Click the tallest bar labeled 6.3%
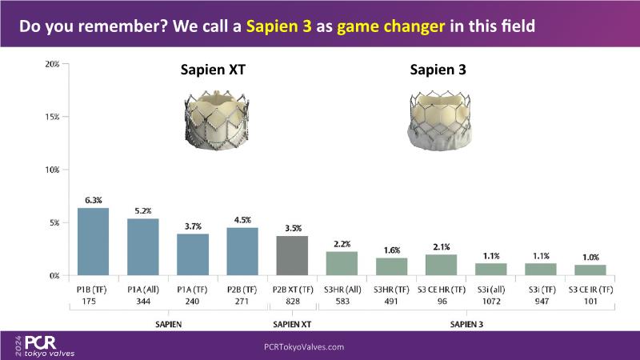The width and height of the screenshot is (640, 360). tap(93, 242)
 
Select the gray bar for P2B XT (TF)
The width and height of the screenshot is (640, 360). tap(292, 255)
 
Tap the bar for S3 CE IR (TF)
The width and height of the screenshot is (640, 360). tap(590, 270)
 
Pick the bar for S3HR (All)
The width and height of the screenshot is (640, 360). tap(342, 264)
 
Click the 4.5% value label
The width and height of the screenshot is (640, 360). tap(242, 220)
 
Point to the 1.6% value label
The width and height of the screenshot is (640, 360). tap(392, 250)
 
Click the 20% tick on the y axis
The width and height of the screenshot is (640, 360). tap(52, 64)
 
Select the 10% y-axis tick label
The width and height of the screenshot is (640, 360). tap(52, 170)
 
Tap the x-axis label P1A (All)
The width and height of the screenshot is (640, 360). tap(143, 290)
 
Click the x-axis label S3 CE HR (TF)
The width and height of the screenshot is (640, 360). tap(442, 290)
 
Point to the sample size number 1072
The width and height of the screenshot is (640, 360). tap(491, 302)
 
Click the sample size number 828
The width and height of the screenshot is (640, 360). tap(293, 302)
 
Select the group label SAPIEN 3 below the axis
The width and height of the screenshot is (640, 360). tap(466, 325)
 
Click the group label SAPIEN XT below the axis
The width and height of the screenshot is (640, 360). tap(292, 325)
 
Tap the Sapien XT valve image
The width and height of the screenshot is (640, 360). tap(216, 121)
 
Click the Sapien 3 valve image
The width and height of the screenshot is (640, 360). tap(439, 121)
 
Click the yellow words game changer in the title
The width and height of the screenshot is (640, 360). tap(391, 26)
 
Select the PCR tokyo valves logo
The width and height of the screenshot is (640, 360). tap(46, 346)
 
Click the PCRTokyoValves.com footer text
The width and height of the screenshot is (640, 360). tap(304, 347)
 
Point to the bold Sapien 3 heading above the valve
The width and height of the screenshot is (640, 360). tap(438, 70)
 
